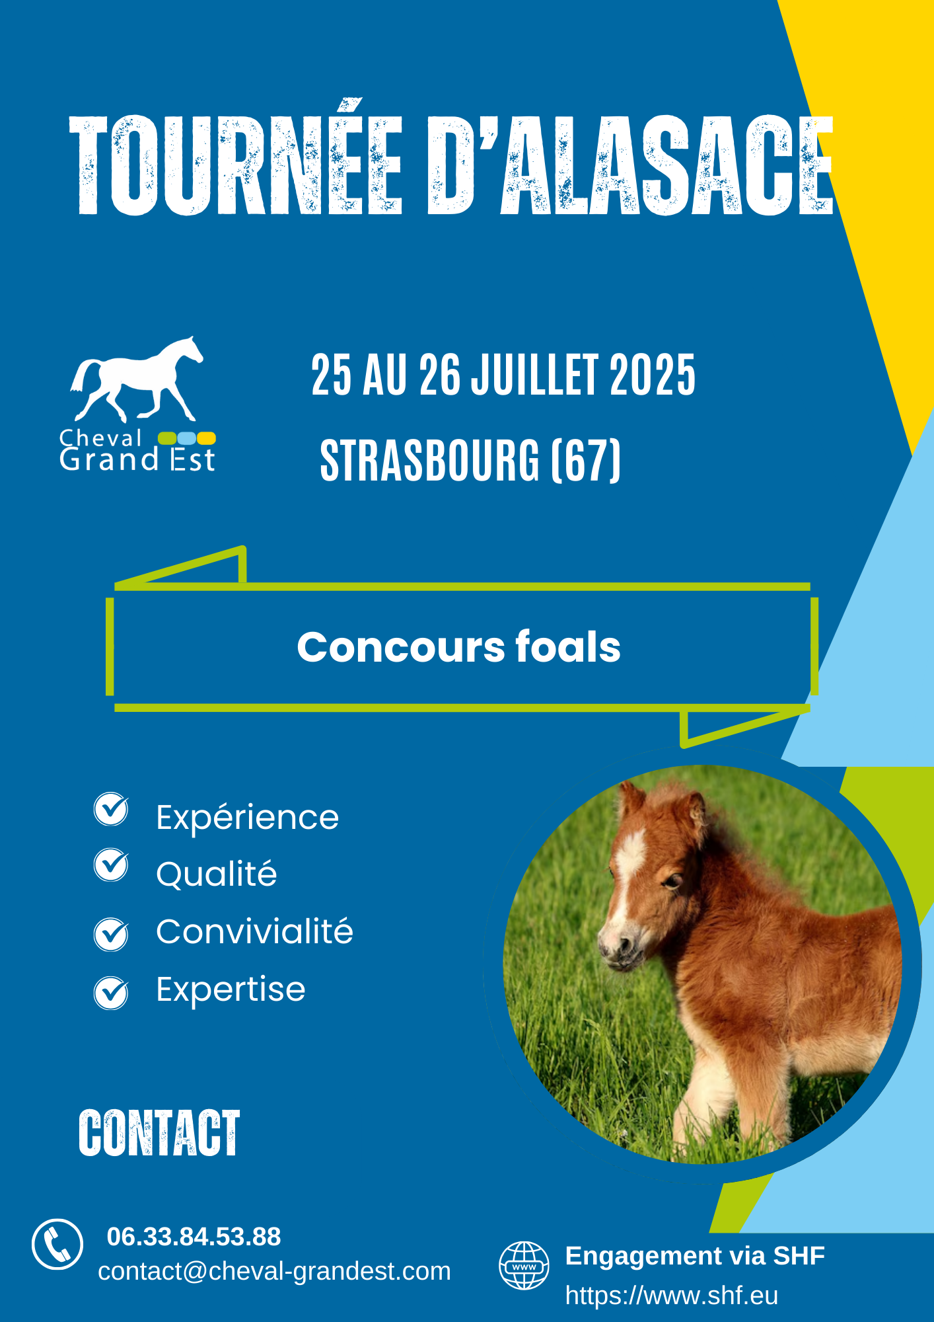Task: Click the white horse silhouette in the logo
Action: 137,379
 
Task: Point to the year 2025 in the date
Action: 653,375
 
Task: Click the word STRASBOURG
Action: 430,460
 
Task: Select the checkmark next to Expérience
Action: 111,809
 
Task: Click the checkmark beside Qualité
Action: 111,865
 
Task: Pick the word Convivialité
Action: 254,931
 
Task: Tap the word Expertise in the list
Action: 231,990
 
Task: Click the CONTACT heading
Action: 159,1134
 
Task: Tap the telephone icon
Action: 57,1245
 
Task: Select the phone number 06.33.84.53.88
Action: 194,1237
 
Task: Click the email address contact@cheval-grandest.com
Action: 274,1271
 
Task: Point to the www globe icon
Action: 524,1265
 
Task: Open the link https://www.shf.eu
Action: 671,1296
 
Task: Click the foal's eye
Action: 673,882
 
